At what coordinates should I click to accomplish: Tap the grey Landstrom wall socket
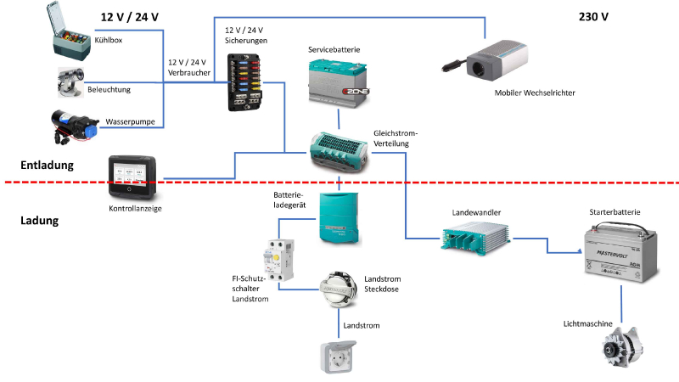coord(338,357)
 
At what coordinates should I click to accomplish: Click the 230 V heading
coord(593,16)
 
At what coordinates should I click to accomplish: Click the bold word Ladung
coord(38,221)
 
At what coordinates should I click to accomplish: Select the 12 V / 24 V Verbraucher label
coord(188,67)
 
